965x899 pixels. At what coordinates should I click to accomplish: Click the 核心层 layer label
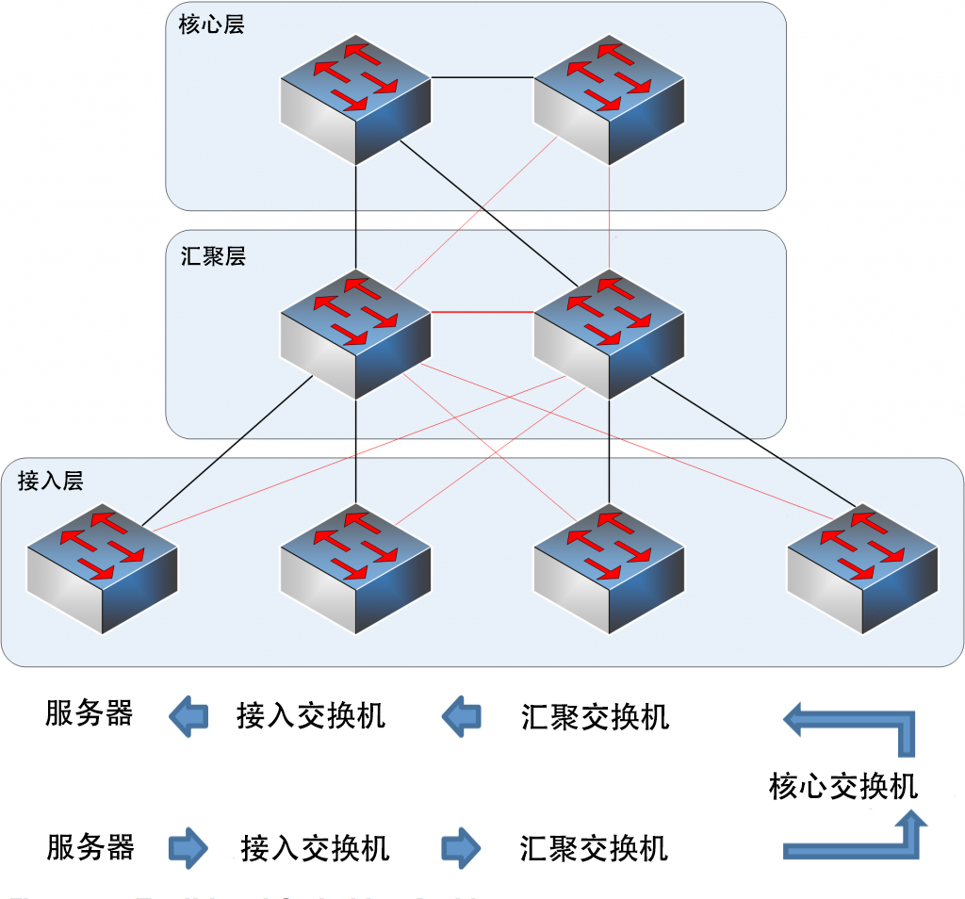211,25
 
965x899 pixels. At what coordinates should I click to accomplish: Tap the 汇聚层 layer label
212,255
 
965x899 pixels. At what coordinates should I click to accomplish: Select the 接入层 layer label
50,482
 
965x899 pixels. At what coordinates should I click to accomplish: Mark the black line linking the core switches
482,77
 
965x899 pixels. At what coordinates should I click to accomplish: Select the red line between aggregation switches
482,312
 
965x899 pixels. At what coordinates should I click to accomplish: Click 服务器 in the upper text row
89,713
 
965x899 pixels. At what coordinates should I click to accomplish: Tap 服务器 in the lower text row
90,846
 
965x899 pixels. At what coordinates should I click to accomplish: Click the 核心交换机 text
842,785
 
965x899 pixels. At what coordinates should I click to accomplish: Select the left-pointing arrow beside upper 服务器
188,717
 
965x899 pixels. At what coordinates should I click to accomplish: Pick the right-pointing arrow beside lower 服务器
188,848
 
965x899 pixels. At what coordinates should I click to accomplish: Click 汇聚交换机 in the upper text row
595,717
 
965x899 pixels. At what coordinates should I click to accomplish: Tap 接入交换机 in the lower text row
315,848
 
